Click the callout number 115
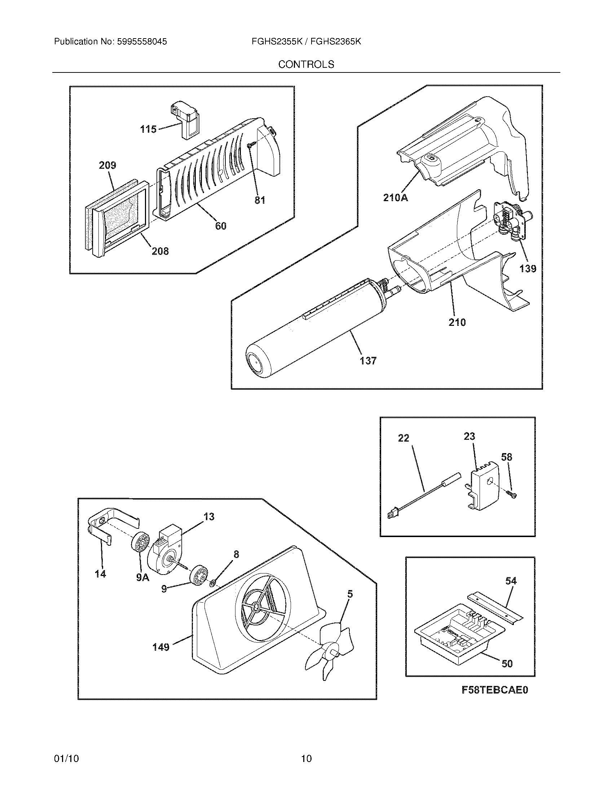[148, 129]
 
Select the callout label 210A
[396, 198]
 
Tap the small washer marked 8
[213, 584]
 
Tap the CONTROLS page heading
[306, 64]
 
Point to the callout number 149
[161, 647]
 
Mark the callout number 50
[507, 663]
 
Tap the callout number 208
[160, 251]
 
